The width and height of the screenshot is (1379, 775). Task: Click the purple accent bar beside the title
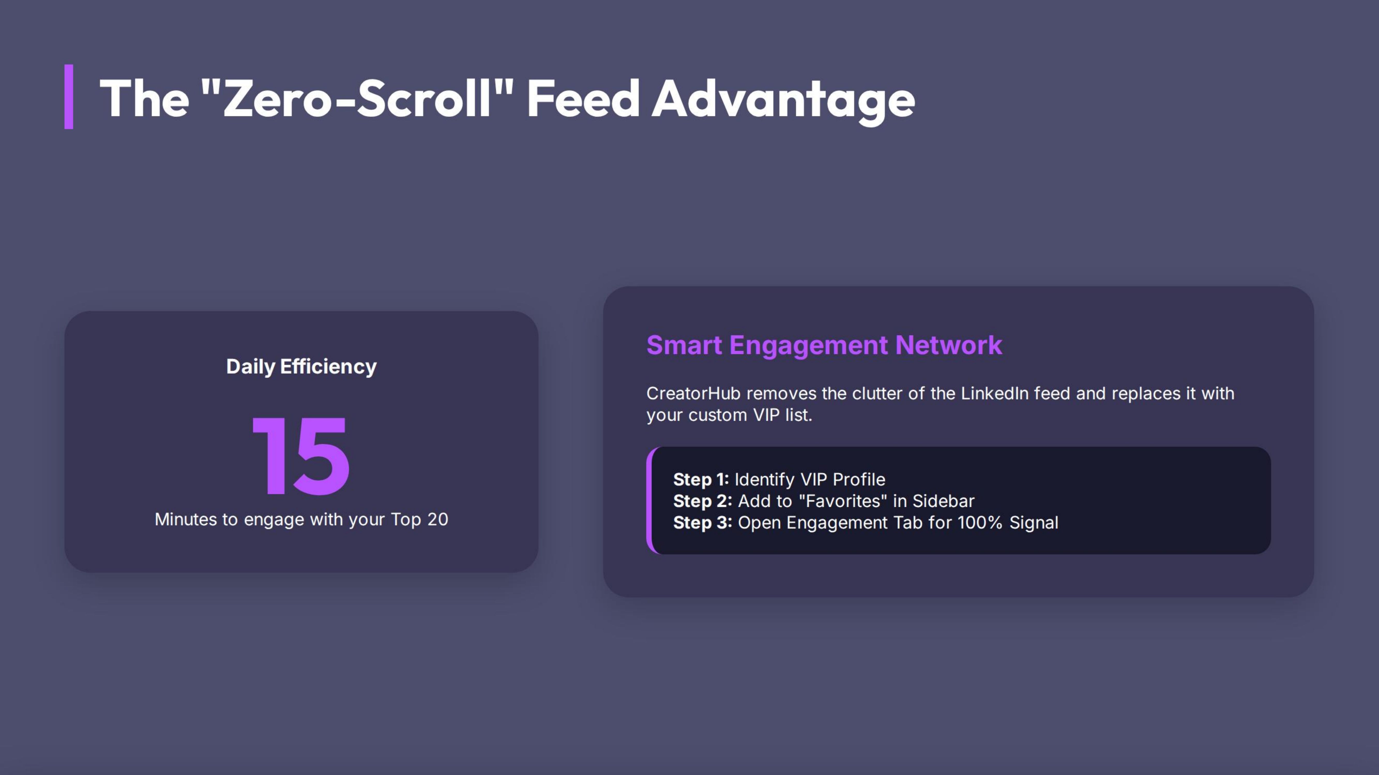click(x=69, y=97)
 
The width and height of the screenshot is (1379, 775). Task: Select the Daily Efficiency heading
click(x=301, y=367)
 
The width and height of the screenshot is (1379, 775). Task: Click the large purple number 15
click(x=301, y=456)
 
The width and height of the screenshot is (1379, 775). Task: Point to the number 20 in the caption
click(x=437, y=519)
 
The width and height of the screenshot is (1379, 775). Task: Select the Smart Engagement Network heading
click(x=824, y=345)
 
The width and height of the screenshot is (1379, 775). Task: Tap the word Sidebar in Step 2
click(x=943, y=501)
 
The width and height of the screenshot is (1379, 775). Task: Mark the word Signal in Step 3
click(x=1034, y=523)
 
